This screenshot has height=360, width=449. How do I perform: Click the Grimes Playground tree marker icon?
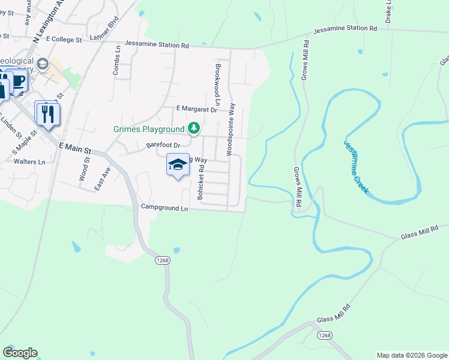[x=193, y=128]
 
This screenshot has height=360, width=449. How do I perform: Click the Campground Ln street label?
[x=164, y=208]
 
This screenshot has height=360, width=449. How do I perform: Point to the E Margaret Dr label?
[x=196, y=109]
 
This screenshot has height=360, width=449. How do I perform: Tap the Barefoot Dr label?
[x=164, y=145]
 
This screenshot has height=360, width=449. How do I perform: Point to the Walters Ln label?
[x=29, y=162]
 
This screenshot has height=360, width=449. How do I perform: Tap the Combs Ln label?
[x=116, y=62]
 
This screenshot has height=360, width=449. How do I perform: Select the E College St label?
[x=63, y=40]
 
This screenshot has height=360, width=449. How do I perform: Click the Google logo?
[x=20, y=353]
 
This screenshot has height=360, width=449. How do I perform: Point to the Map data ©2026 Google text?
[x=411, y=355]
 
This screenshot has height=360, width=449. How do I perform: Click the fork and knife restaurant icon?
[x=47, y=114]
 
